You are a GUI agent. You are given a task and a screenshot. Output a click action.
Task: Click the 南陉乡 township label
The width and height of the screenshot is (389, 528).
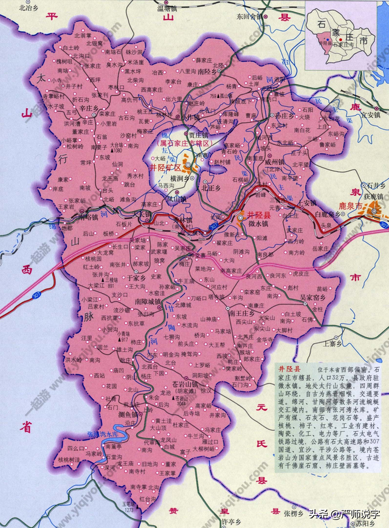pyautogui.click(x=208, y=71)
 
